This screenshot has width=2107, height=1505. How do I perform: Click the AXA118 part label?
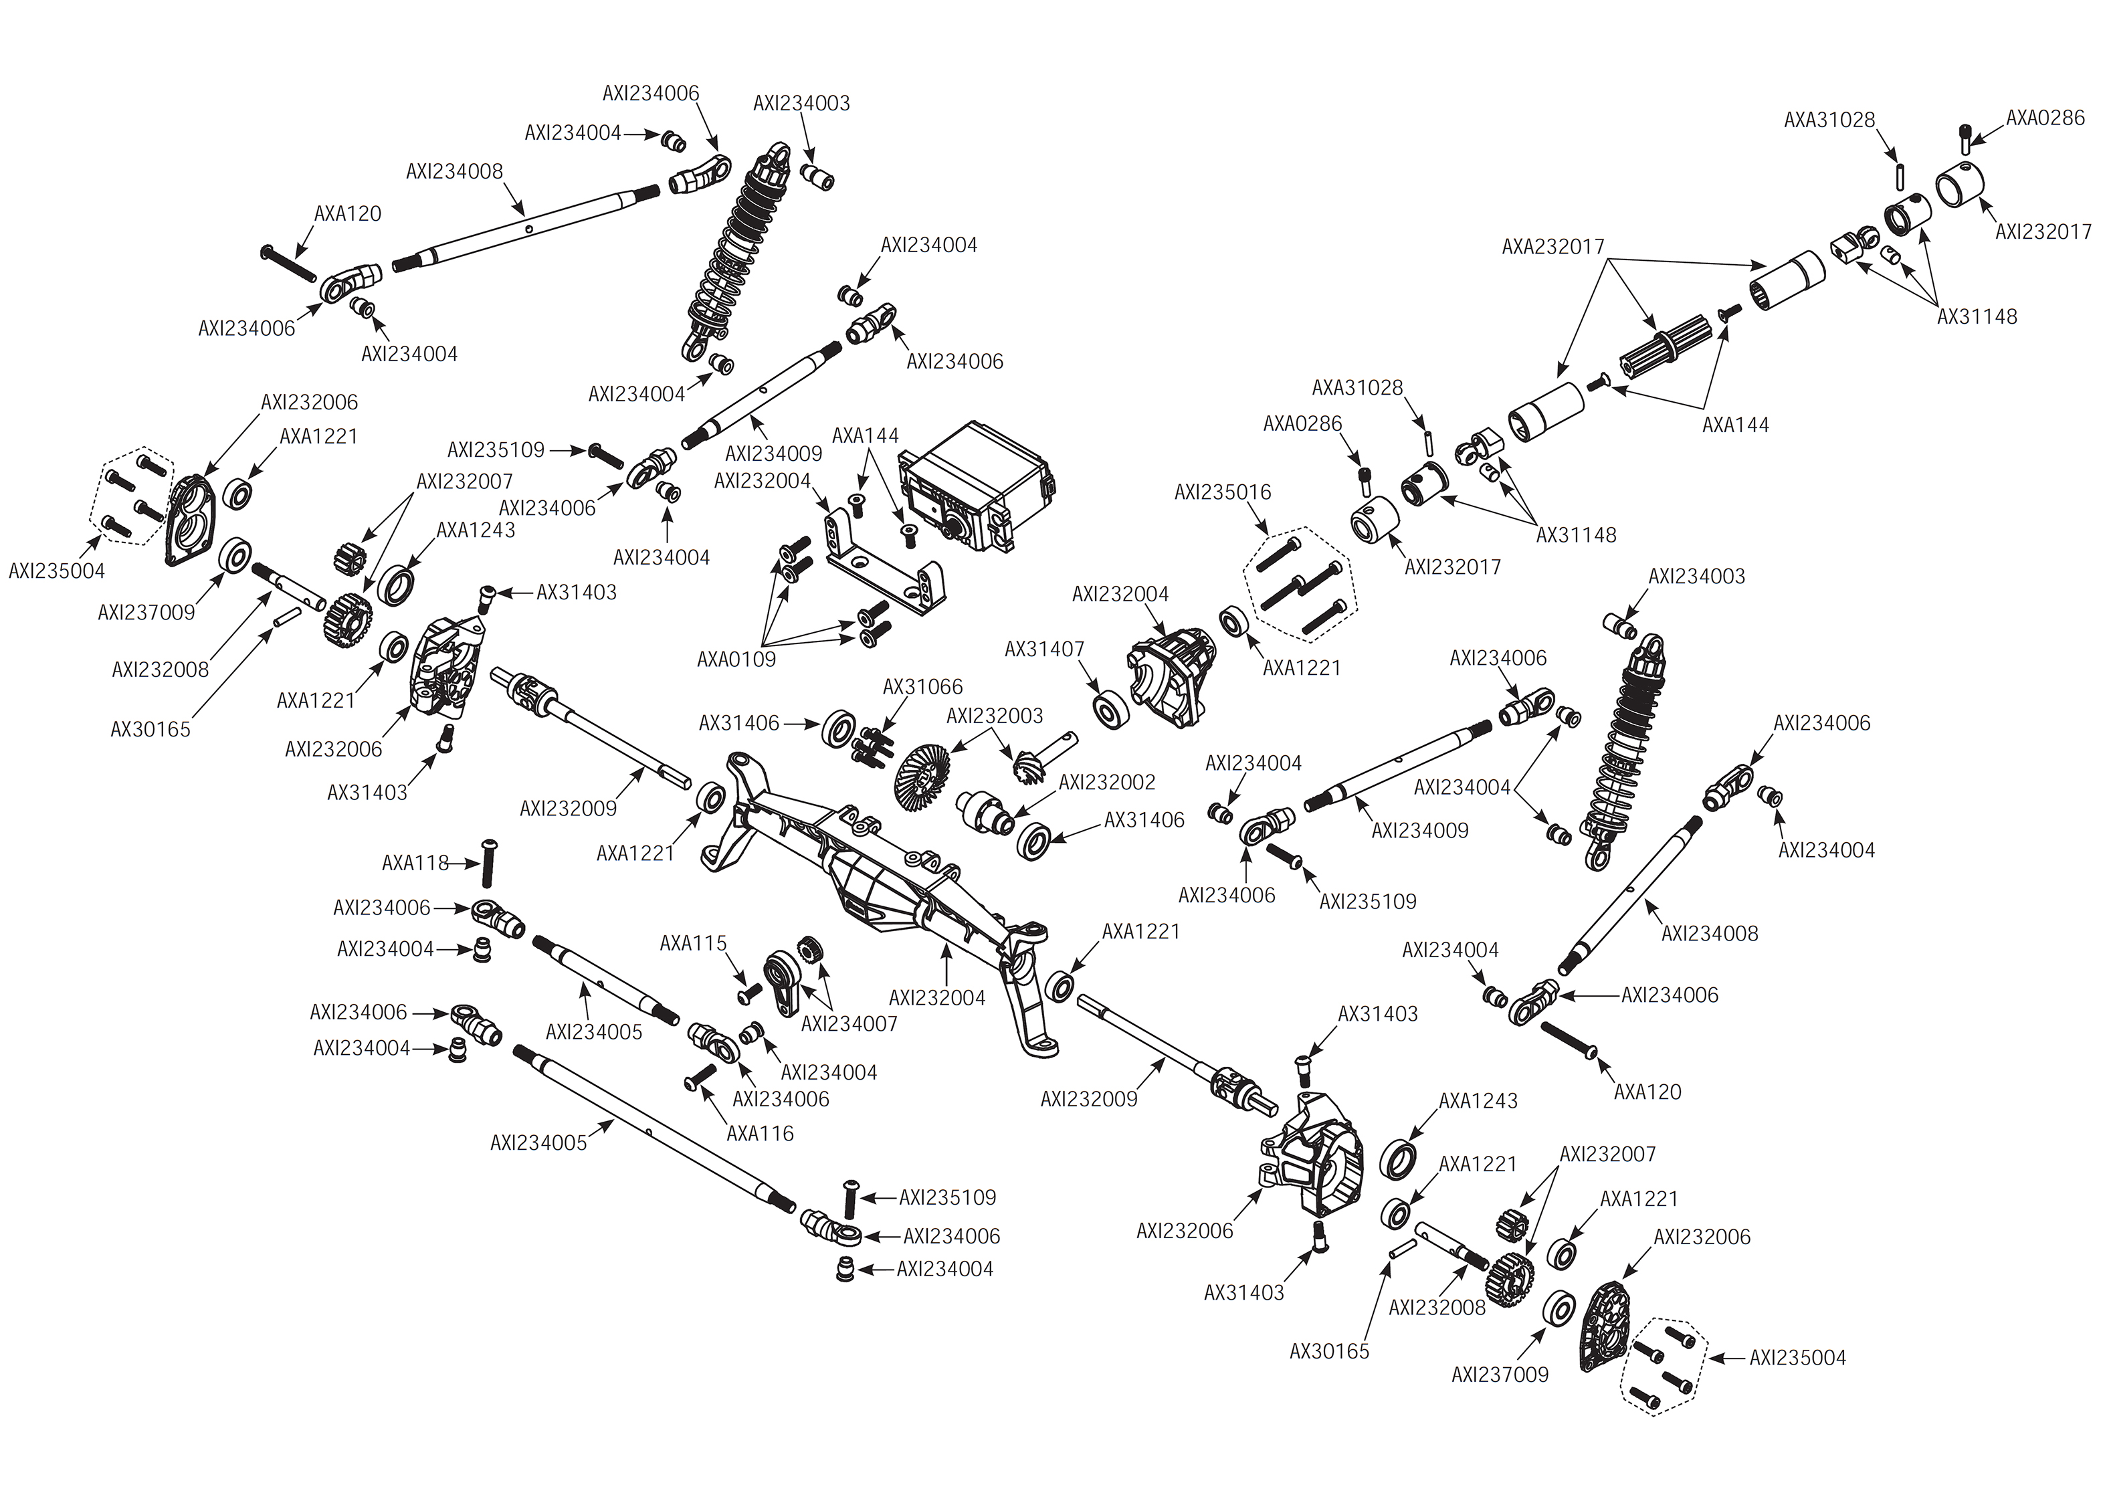click(x=415, y=864)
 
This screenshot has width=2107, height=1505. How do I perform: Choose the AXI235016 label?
click(x=1222, y=493)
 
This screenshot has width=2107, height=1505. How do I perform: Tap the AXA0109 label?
click(x=736, y=660)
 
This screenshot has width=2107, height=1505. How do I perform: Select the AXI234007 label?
click(x=849, y=1024)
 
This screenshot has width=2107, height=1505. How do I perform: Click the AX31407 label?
click(x=1044, y=649)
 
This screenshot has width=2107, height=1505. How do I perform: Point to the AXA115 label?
click(x=692, y=943)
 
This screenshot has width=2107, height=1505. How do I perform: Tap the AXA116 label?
click(x=760, y=1132)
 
